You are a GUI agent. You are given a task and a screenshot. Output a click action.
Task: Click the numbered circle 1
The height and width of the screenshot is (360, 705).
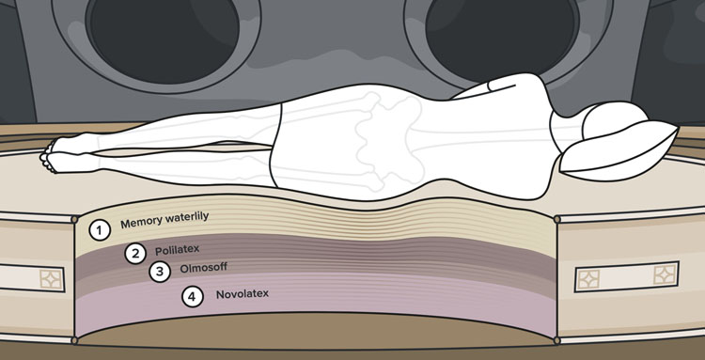(x=100, y=230)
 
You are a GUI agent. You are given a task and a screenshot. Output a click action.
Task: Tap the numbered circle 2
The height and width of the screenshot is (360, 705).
(x=135, y=254)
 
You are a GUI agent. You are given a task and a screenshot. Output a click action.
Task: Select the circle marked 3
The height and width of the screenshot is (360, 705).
(x=160, y=272)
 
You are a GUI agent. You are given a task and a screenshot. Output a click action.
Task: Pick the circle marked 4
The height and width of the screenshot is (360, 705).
(x=193, y=297)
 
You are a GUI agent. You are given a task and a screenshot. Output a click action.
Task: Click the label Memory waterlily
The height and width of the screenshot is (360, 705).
(x=164, y=219)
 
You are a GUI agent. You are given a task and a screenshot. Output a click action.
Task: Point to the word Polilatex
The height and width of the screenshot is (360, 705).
(x=177, y=249)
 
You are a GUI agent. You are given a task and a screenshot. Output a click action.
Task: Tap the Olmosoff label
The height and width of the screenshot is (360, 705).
(x=203, y=268)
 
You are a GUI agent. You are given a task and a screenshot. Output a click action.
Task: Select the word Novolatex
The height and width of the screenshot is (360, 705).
(x=243, y=294)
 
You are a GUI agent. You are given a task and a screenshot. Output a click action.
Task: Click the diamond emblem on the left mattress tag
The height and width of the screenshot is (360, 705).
(x=51, y=279)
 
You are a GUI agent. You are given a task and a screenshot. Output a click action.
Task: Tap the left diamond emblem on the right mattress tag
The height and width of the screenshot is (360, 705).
(x=587, y=279)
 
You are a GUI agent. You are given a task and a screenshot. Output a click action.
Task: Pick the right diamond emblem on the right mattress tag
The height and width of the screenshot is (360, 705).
(x=665, y=274)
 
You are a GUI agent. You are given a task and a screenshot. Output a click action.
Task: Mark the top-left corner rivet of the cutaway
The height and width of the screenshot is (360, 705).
(x=74, y=219)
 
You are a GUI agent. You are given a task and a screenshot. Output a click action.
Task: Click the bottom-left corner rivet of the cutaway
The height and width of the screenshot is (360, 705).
(x=74, y=340)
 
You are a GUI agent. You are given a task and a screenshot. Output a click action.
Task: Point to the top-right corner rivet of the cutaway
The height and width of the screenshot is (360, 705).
(x=557, y=219)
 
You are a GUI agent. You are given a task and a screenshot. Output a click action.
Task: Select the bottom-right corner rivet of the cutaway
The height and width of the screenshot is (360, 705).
(x=557, y=340)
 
